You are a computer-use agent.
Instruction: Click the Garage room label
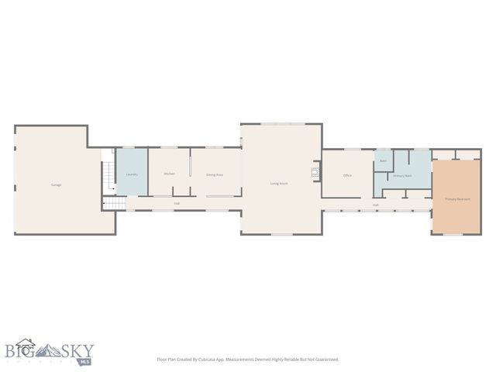click(56, 184)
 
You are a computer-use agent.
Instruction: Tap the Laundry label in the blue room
click(132, 174)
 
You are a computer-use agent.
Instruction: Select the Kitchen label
click(169, 174)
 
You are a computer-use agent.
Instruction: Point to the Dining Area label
click(215, 175)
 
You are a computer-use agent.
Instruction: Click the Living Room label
click(279, 183)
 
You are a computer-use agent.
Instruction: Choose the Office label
click(347, 175)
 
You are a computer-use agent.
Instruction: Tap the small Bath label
click(383, 160)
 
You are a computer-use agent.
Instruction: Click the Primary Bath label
click(402, 176)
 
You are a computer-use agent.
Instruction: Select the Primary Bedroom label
click(457, 199)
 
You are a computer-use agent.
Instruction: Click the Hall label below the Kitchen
click(177, 203)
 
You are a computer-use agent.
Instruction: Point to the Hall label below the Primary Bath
click(376, 205)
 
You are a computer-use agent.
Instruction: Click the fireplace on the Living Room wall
click(315, 173)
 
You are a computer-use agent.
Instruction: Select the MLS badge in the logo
click(83, 361)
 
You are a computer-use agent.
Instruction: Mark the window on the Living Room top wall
click(281, 124)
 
